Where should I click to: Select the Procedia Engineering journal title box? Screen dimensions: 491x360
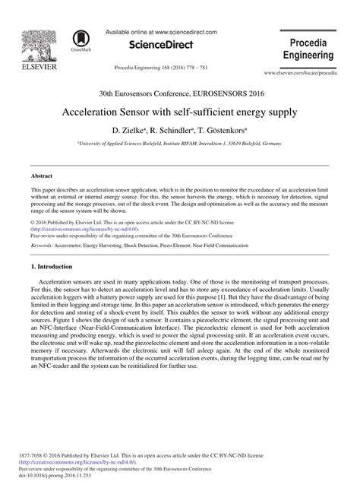(x=308, y=47)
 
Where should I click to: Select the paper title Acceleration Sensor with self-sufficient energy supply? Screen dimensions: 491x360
(x=180, y=112)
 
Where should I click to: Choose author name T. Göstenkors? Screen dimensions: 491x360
(x=227, y=131)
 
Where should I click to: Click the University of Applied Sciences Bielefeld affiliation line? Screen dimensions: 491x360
(x=180, y=143)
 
